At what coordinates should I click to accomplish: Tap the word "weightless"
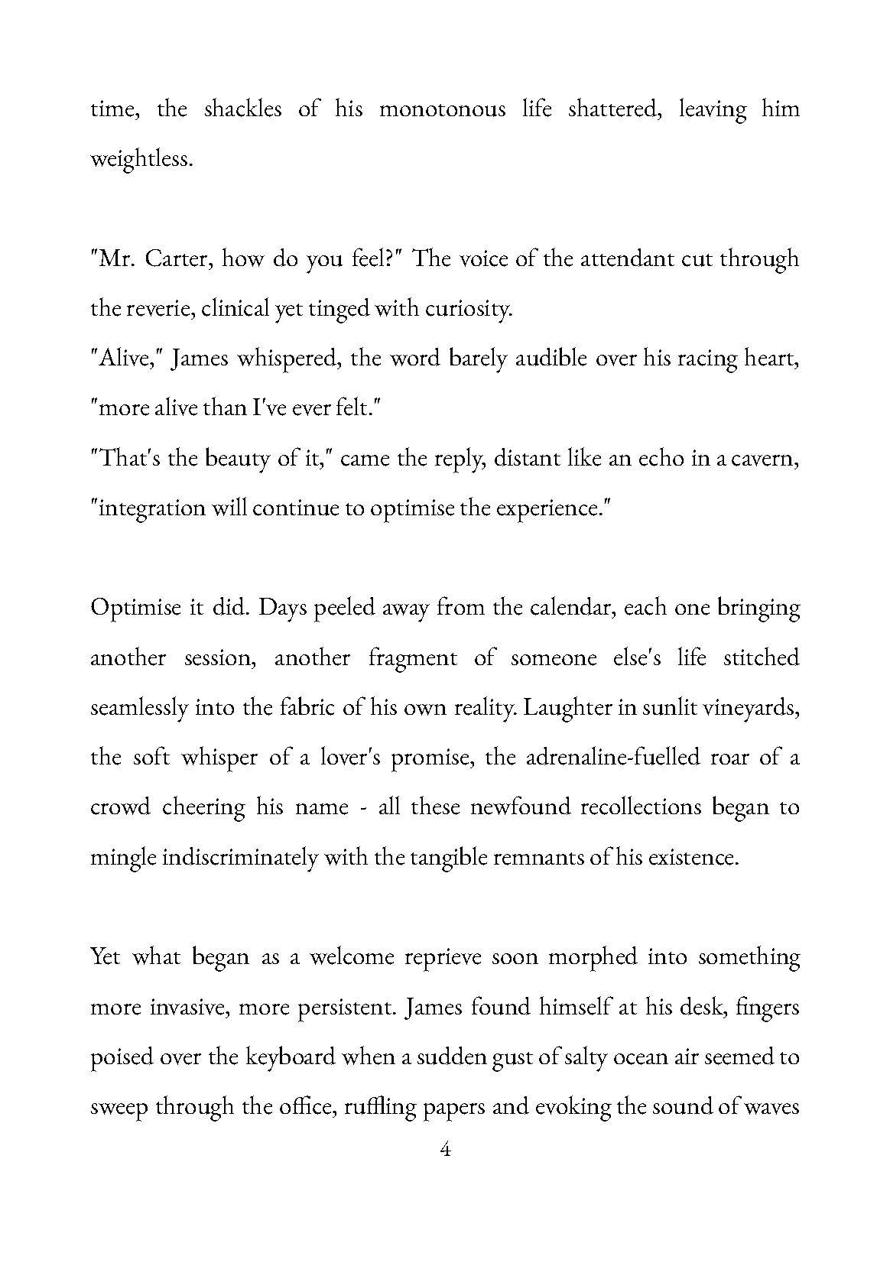(x=139, y=159)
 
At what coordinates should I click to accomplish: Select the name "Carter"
(x=176, y=259)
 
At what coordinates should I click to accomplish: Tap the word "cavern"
(x=765, y=459)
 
